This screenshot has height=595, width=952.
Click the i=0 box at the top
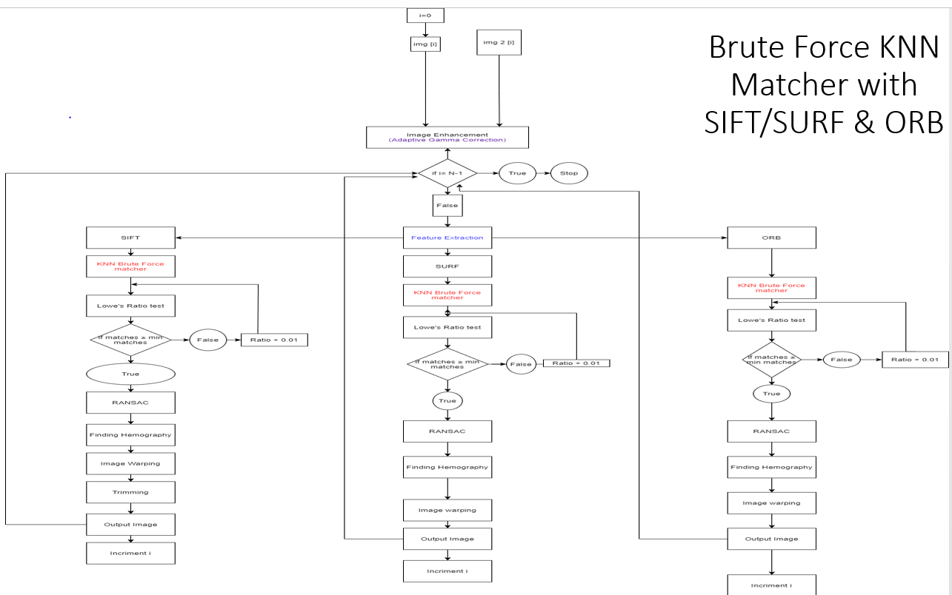click(x=425, y=16)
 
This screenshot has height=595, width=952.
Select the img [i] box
click(x=425, y=44)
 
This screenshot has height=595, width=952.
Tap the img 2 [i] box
click(x=499, y=43)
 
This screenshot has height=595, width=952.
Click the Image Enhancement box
click(x=447, y=138)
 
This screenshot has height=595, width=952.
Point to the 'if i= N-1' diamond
click(x=447, y=173)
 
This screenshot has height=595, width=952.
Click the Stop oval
click(x=569, y=173)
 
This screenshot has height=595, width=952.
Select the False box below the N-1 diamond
click(x=447, y=205)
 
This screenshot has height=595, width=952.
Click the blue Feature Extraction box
click(x=447, y=238)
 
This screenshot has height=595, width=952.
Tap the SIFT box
click(x=130, y=238)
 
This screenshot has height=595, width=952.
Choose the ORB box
click(x=771, y=238)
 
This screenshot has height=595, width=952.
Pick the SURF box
click(x=447, y=266)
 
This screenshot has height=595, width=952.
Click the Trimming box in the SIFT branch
click(x=130, y=492)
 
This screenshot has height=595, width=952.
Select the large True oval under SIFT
click(x=130, y=374)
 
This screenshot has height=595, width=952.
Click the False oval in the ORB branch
click(x=841, y=359)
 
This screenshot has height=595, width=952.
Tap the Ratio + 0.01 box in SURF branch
click(x=576, y=363)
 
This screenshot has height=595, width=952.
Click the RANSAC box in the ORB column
click(x=771, y=431)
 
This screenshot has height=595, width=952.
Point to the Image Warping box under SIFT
click(x=130, y=464)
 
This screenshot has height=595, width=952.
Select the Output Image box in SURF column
click(x=447, y=538)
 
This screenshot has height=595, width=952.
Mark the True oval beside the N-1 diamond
click(x=517, y=173)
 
